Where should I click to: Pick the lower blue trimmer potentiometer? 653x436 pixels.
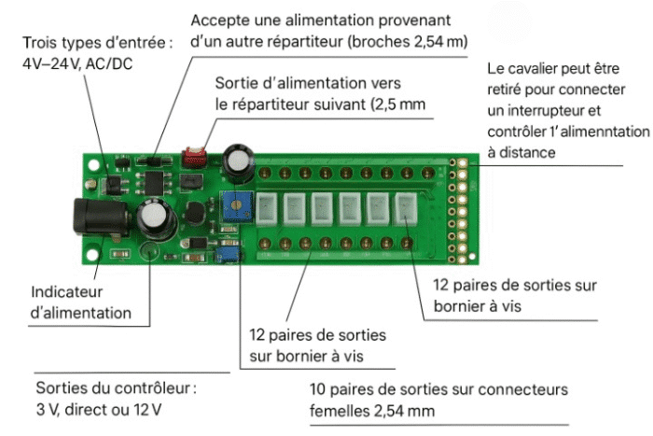[x=224, y=253]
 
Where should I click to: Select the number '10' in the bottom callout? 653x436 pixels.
[x=317, y=388]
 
